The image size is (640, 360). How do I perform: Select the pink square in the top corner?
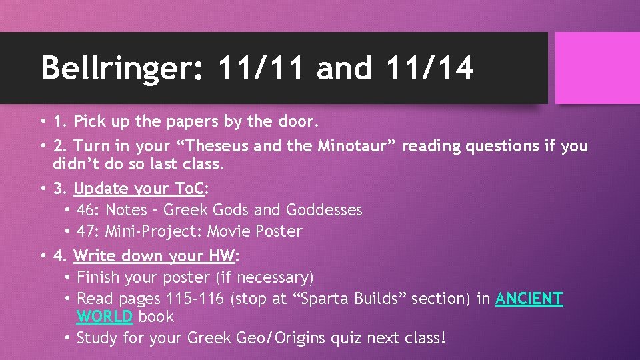point(597,68)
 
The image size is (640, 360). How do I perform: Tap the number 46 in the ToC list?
point(85,210)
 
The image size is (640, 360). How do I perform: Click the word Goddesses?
point(324,210)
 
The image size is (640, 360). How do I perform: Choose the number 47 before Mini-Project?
point(85,231)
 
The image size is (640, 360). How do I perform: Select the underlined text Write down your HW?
point(154,255)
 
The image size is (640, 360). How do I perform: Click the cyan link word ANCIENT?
point(529,299)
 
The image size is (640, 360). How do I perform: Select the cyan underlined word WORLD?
point(105,317)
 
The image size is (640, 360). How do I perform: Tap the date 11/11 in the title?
point(259,68)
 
